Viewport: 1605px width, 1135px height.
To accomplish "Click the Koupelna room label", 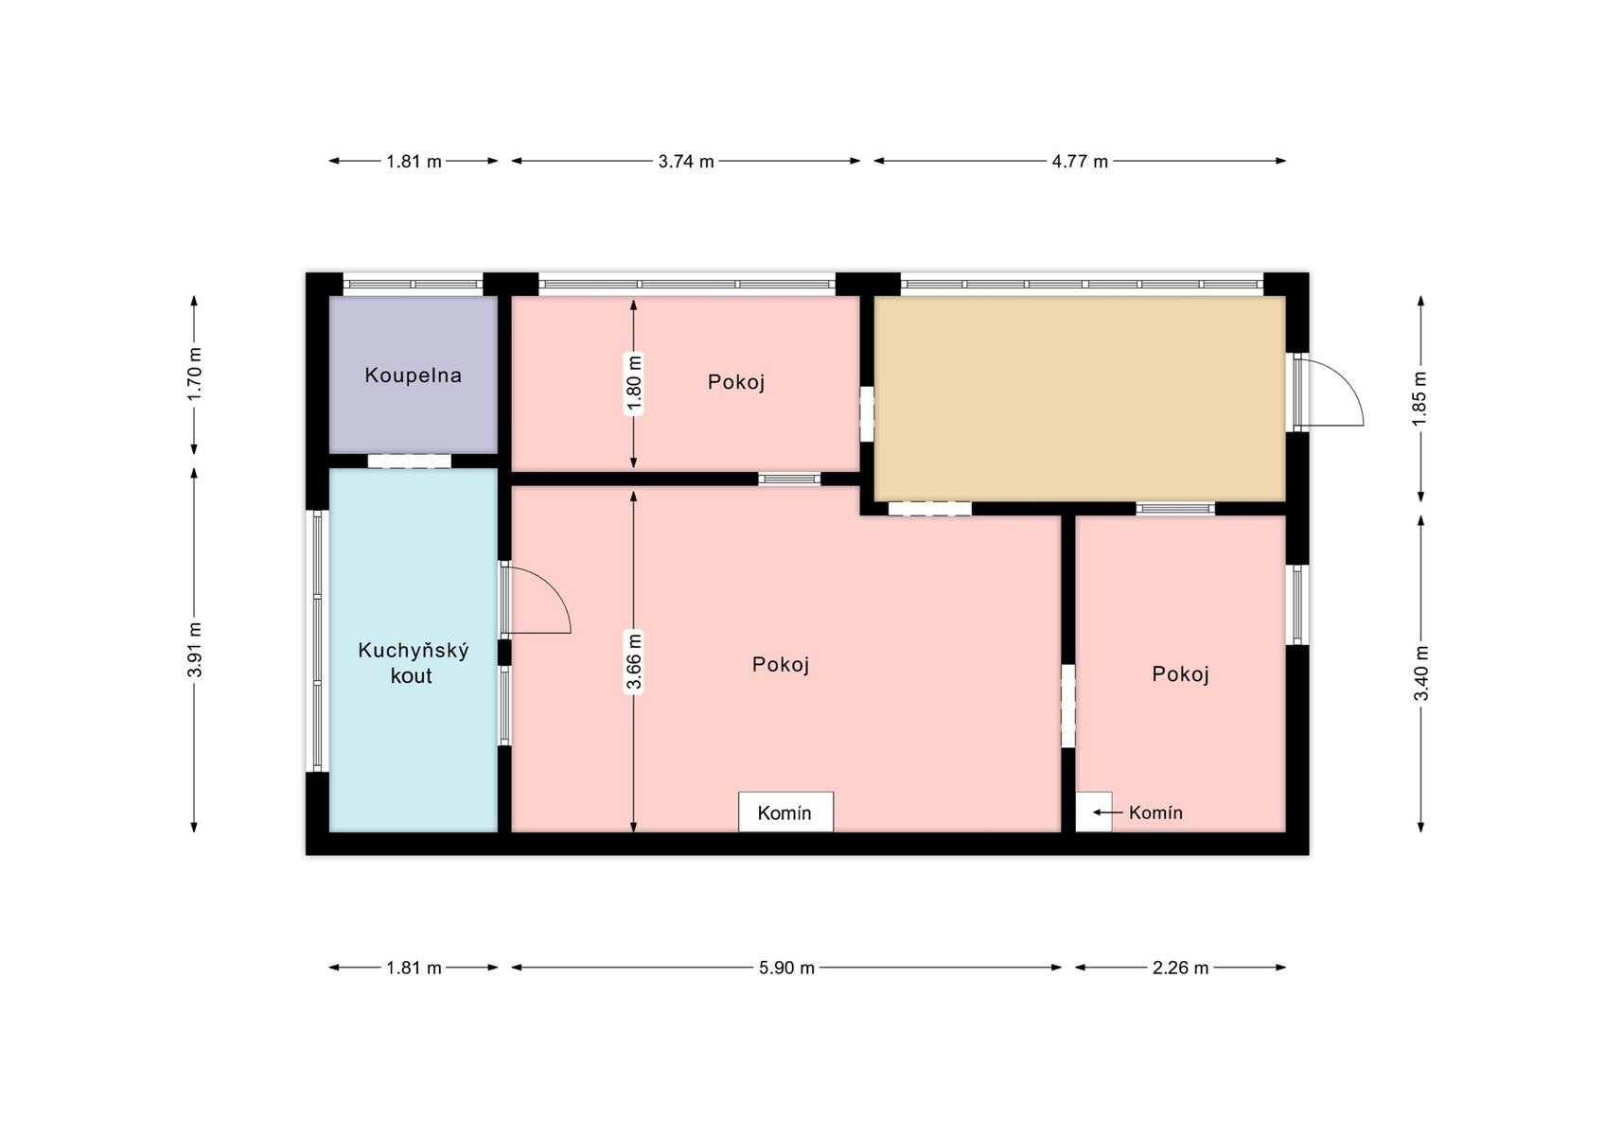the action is point(413,375).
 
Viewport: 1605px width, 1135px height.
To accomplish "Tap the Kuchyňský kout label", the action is point(413,662).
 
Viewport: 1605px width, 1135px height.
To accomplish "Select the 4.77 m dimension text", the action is point(1080,161).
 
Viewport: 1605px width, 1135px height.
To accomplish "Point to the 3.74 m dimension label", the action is point(686,161).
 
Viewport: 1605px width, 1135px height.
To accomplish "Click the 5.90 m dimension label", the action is point(786,968).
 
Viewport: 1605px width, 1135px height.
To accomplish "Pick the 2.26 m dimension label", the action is point(1180,968).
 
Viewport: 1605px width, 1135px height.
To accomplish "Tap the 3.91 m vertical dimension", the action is point(194,650).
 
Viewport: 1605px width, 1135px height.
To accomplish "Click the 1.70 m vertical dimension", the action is point(194,375).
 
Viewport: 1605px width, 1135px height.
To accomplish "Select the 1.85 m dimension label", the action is point(1420,399).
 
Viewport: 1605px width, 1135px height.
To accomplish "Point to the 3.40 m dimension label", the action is point(1420,673).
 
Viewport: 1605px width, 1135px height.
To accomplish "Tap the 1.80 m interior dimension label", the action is point(633,384).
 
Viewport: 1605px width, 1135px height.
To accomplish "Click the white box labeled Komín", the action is point(785,812).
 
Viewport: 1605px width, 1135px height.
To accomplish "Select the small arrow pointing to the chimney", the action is point(1108,812).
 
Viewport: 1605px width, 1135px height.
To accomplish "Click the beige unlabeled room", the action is point(1080,399).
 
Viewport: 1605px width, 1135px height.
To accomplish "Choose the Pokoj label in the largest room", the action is point(781,665).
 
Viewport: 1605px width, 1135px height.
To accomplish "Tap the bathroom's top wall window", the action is point(413,285).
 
